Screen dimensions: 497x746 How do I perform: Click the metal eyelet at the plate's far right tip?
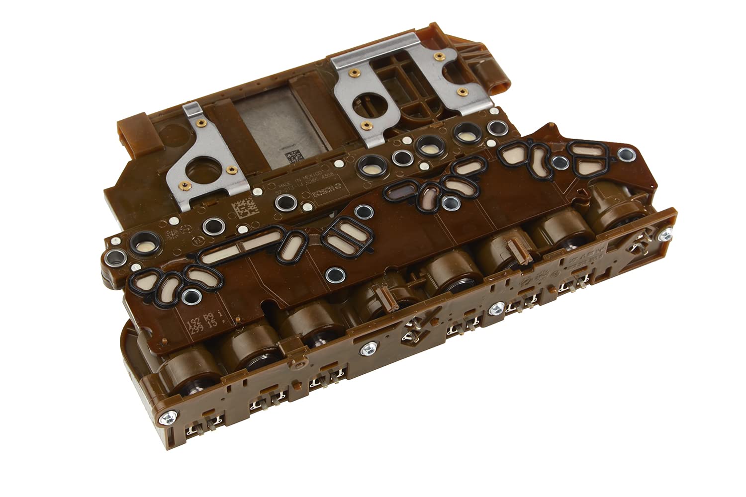pyautogui.click(x=626, y=157)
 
